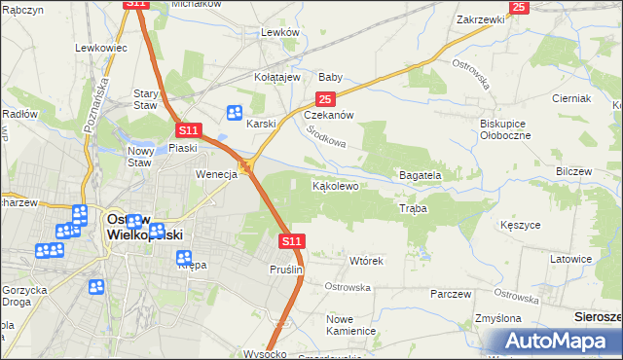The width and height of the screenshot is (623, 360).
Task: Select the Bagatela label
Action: (x=421, y=176)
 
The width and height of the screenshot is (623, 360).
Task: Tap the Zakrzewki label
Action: (x=479, y=19)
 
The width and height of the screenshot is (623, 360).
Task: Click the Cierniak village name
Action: (x=571, y=99)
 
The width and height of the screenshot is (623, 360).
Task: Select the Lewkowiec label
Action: (x=101, y=47)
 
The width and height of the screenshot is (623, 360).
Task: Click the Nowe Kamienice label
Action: (x=351, y=325)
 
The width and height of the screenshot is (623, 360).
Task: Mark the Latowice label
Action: (x=571, y=260)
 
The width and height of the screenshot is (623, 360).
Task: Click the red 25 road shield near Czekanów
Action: (x=325, y=99)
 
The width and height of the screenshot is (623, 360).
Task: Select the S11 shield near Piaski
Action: (x=188, y=129)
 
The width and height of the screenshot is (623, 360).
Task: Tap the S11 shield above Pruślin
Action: (x=292, y=239)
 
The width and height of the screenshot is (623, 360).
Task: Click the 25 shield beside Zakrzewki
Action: (x=518, y=7)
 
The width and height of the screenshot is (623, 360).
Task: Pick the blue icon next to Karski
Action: (x=235, y=113)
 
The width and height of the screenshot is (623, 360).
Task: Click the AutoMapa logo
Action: (x=551, y=341)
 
